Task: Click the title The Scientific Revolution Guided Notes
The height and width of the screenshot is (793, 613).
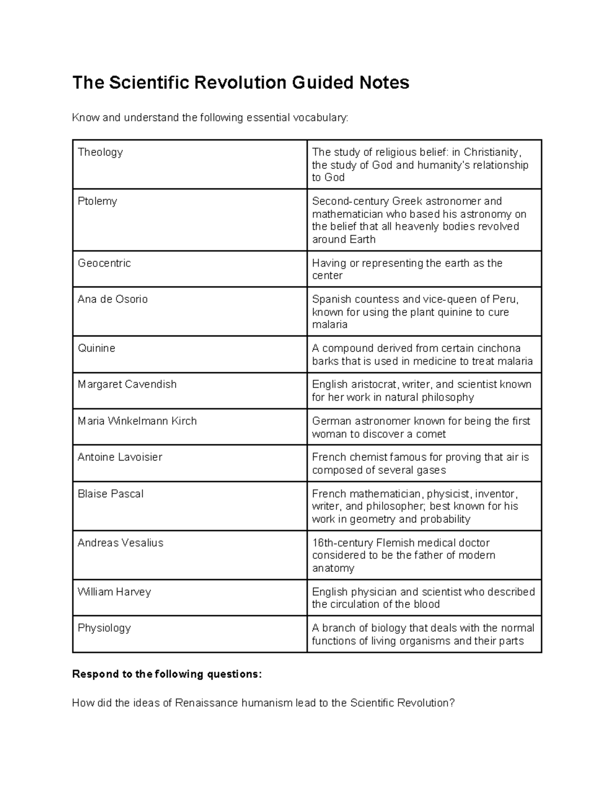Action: point(241,82)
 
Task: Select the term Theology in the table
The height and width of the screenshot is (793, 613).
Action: point(100,152)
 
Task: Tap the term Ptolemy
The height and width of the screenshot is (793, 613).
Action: point(97,201)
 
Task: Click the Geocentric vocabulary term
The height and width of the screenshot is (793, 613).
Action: point(104,263)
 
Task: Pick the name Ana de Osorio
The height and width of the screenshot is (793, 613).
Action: point(112,299)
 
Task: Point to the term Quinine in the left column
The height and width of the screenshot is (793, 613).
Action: point(97,348)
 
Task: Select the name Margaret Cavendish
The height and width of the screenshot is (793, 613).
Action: point(127,385)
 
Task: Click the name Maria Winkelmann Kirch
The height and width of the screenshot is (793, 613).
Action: point(137,421)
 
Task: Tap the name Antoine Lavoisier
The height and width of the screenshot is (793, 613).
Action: point(120,457)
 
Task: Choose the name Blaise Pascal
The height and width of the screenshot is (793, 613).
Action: point(110,494)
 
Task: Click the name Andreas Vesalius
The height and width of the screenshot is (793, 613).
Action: point(120,543)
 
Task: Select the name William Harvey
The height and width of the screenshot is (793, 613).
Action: point(114,592)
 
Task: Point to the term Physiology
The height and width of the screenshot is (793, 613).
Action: point(104,628)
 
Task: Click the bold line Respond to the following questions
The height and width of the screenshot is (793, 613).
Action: point(167,674)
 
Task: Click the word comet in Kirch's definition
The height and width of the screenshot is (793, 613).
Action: point(432,434)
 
